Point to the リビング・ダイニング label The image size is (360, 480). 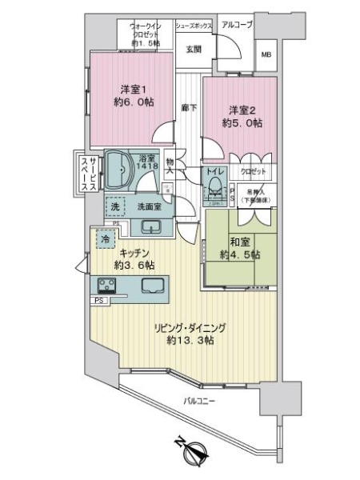[191, 326]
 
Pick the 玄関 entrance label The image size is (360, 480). [194, 49]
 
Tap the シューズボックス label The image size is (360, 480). [194, 26]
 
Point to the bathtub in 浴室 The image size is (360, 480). [122, 169]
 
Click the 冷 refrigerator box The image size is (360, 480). [106, 238]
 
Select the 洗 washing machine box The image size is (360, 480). [114, 206]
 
